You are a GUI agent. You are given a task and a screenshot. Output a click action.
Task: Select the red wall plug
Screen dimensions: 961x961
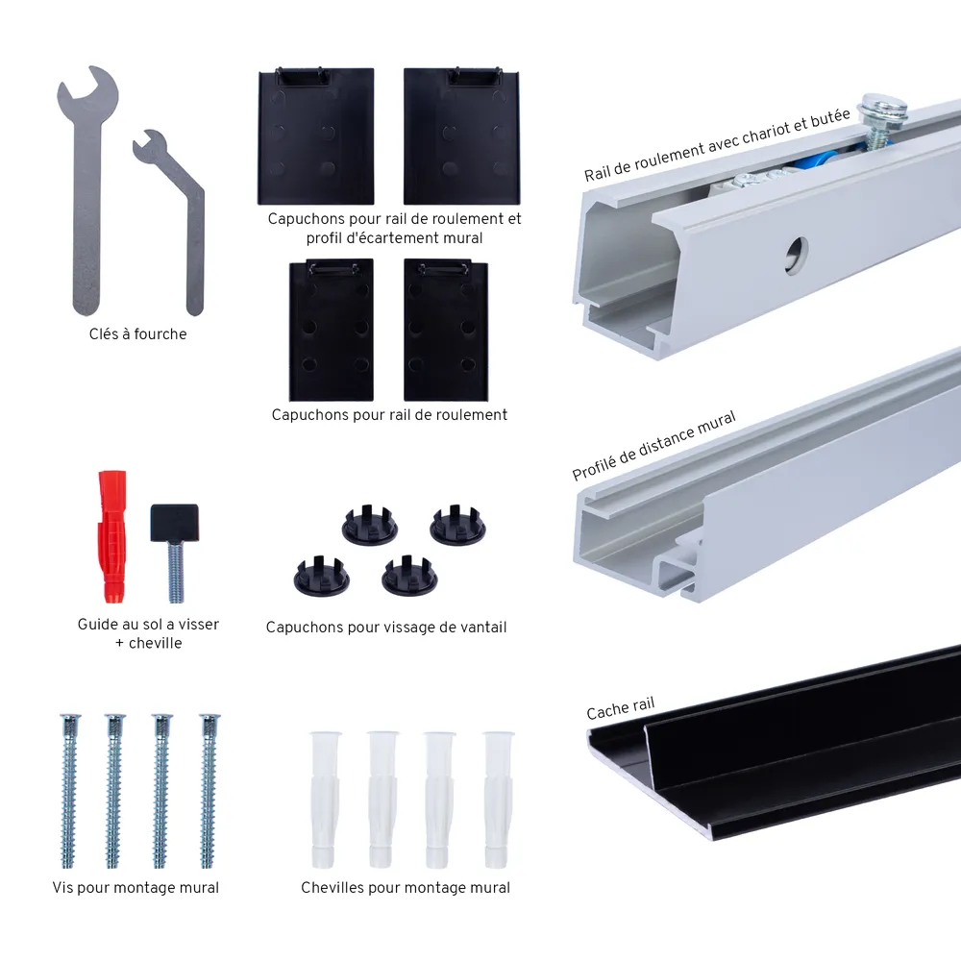(112, 536)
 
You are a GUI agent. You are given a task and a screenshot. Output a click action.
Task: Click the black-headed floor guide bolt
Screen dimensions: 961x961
(175, 552)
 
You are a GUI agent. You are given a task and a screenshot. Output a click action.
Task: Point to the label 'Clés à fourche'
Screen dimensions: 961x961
(137, 334)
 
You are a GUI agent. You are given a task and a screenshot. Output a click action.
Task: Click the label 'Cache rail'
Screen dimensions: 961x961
(620, 708)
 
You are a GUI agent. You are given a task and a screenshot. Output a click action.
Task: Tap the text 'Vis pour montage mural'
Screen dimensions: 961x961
(136, 887)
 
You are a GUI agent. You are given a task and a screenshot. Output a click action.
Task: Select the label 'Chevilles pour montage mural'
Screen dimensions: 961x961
(406, 887)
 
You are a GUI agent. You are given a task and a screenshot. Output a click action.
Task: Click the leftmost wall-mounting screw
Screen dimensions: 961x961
(68, 791)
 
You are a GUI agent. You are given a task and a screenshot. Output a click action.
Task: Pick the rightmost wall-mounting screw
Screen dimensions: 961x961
(209, 791)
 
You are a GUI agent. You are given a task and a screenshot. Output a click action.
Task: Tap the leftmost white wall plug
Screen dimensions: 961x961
(325, 800)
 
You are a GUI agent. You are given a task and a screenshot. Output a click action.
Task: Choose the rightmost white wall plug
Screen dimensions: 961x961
(497, 800)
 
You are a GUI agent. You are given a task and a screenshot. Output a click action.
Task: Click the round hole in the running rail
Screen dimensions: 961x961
(796, 254)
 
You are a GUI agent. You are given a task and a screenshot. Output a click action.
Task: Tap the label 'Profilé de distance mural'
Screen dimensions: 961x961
(653, 446)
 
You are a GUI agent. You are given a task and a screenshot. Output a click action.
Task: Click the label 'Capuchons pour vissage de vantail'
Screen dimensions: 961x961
(386, 627)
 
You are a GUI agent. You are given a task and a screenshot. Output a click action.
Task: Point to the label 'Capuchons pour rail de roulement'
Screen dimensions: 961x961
(389, 415)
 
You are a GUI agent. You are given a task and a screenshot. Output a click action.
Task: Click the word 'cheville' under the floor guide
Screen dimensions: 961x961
(155, 643)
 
